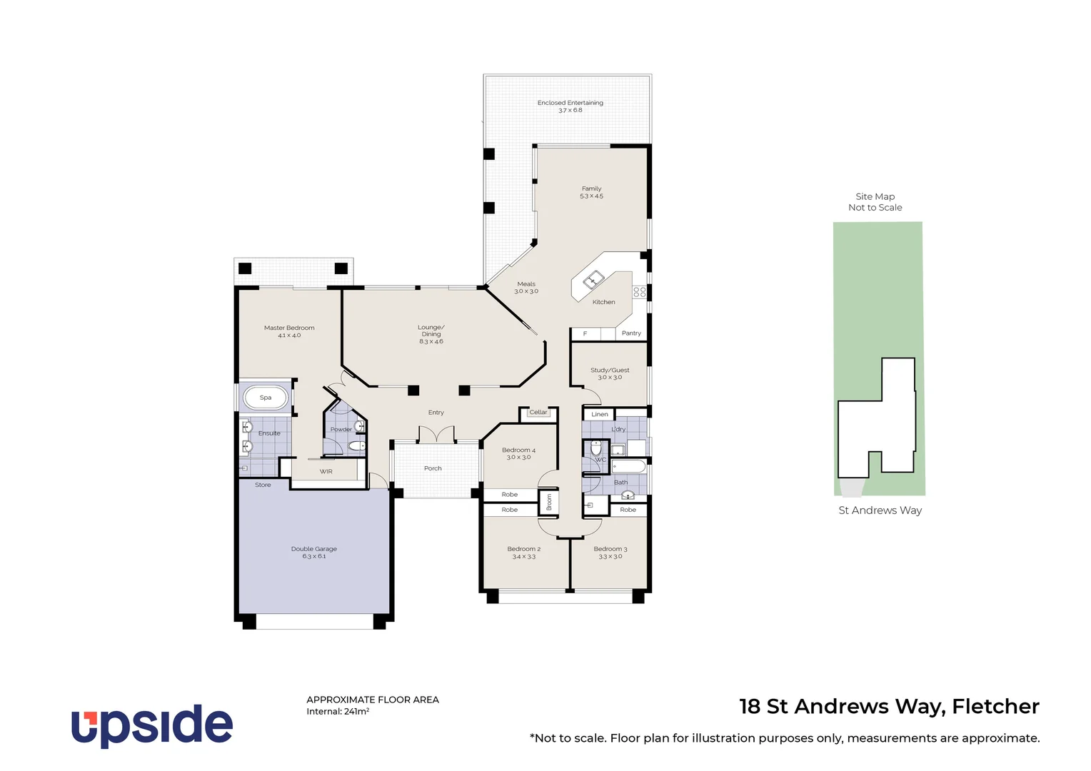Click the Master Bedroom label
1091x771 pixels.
point(289,328)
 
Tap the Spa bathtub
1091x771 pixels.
point(266,398)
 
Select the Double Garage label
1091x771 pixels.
point(314,549)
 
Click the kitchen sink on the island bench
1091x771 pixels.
point(593,280)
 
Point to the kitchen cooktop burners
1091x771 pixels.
point(639,292)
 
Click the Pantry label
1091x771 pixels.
point(631,333)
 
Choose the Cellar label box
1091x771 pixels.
point(538,413)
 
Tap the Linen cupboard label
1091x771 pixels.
point(600,414)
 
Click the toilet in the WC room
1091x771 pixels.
point(596,449)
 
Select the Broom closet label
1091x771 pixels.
point(549,502)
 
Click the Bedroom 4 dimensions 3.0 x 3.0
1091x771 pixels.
point(518,458)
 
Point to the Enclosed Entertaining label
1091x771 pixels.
point(570,103)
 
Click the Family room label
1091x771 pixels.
point(591,188)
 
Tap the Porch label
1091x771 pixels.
point(433,468)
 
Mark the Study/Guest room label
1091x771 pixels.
point(610,370)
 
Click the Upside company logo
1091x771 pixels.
point(151,725)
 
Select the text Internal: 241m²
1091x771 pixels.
point(338,712)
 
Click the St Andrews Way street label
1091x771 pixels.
point(880,510)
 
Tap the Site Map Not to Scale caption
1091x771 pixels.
point(875,202)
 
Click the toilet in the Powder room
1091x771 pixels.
point(356,446)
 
